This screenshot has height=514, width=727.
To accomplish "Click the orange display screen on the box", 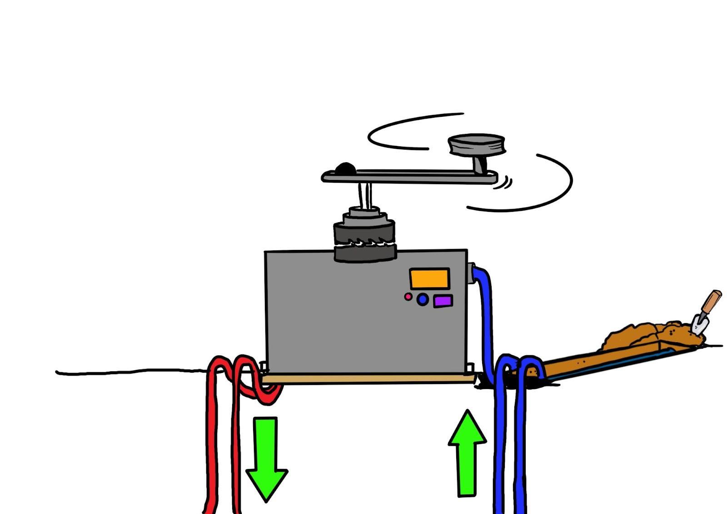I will (429, 278).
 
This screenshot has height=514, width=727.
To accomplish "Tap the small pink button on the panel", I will (408, 297).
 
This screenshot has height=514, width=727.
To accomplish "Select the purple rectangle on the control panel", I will (443, 301).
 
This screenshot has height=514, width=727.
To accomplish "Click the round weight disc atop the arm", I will (476, 145).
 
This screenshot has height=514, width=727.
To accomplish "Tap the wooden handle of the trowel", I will (710, 301).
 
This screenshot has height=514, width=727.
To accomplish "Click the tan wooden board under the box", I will (368, 379).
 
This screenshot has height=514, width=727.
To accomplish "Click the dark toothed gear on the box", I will (364, 241).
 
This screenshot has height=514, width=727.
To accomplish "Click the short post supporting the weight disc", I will (479, 164).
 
